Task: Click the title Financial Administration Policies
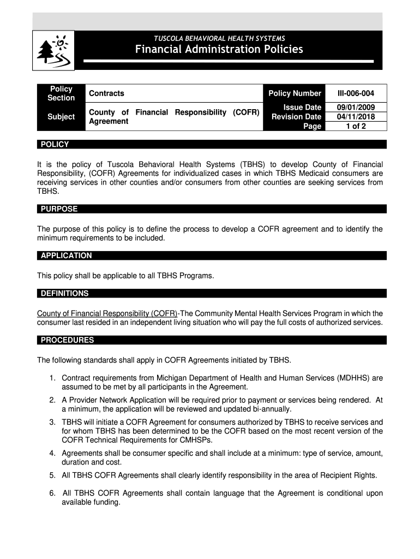[219, 50]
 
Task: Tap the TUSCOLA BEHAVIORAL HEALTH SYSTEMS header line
[219, 38]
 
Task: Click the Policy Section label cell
[61, 93]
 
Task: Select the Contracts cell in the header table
[107, 93]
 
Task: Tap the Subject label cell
[61, 117]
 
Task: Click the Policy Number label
[295, 93]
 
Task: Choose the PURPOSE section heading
[59, 209]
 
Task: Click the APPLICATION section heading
[66, 255]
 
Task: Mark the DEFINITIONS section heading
[64, 293]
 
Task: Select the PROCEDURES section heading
[67, 340]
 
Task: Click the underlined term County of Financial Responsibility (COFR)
[107, 313]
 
